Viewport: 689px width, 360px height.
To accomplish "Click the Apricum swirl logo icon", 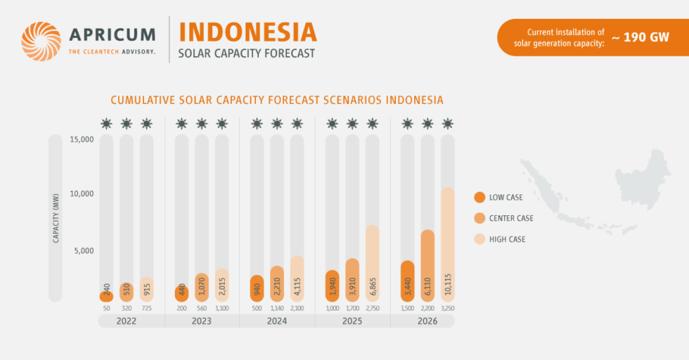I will (x=41, y=41).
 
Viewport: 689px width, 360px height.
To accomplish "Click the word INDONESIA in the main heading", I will (x=247, y=32).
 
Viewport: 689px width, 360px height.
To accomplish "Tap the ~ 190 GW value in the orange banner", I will (x=640, y=37).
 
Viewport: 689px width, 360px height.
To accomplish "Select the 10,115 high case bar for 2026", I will (x=447, y=245).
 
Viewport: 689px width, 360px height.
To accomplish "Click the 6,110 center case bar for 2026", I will (x=427, y=266).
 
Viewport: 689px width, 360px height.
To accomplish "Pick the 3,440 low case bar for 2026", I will (x=407, y=281).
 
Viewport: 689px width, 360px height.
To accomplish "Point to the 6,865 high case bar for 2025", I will (x=372, y=264).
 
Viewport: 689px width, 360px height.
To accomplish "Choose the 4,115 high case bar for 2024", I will (x=297, y=279).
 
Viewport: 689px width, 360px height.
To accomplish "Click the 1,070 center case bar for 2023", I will (x=202, y=288).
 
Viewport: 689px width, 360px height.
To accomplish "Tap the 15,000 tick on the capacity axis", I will (x=82, y=139).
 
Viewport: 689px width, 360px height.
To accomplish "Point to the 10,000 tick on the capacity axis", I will (x=82, y=194).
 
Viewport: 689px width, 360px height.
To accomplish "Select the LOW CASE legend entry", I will (x=505, y=198).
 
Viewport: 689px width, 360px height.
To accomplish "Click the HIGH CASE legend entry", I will (x=506, y=239).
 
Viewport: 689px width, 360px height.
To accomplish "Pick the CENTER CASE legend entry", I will (x=510, y=218).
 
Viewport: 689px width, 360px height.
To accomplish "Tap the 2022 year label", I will (x=127, y=321).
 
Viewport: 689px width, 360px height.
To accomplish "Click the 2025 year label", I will (x=352, y=321).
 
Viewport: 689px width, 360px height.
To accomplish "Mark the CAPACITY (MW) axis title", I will (x=56, y=218).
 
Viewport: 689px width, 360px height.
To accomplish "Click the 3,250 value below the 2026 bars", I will (x=447, y=309).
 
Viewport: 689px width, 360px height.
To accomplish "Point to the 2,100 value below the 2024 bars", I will (x=297, y=309).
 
